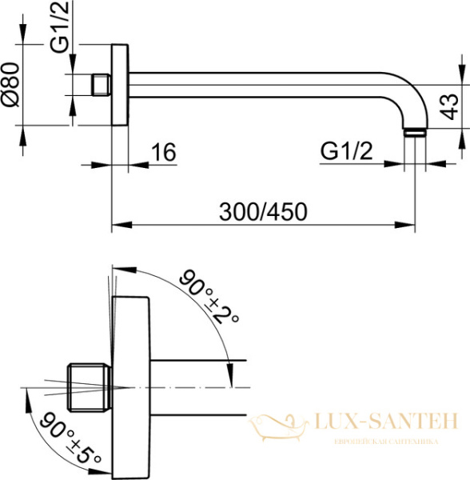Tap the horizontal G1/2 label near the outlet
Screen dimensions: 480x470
(347, 150)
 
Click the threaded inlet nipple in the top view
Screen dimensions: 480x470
(101, 85)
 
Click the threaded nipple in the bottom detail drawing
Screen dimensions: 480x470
(89, 386)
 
